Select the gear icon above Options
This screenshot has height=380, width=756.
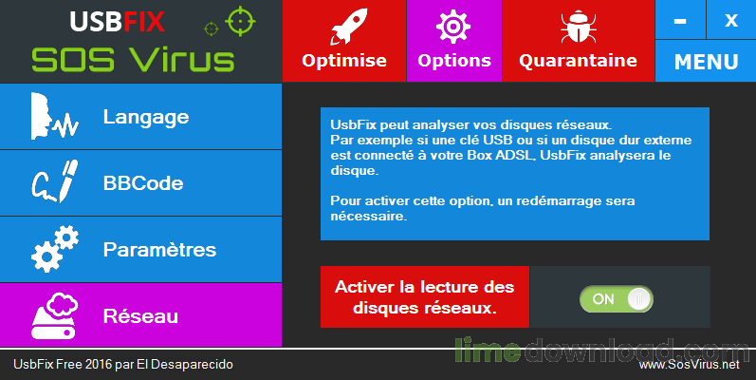point(453,27)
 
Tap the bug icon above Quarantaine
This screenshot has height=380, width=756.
point(577,27)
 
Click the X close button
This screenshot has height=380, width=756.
point(730,20)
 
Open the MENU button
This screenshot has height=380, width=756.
point(706,62)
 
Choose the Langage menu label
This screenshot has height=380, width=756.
point(146,117)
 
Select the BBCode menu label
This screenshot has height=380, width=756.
point(143,183)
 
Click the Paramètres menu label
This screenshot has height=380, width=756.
point(159,250)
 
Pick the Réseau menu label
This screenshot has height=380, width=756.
point(141,315)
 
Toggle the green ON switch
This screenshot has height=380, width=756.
point(617,298)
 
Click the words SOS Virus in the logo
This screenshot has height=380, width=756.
point(133,59)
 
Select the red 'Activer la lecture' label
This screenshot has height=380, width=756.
point(424,297)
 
